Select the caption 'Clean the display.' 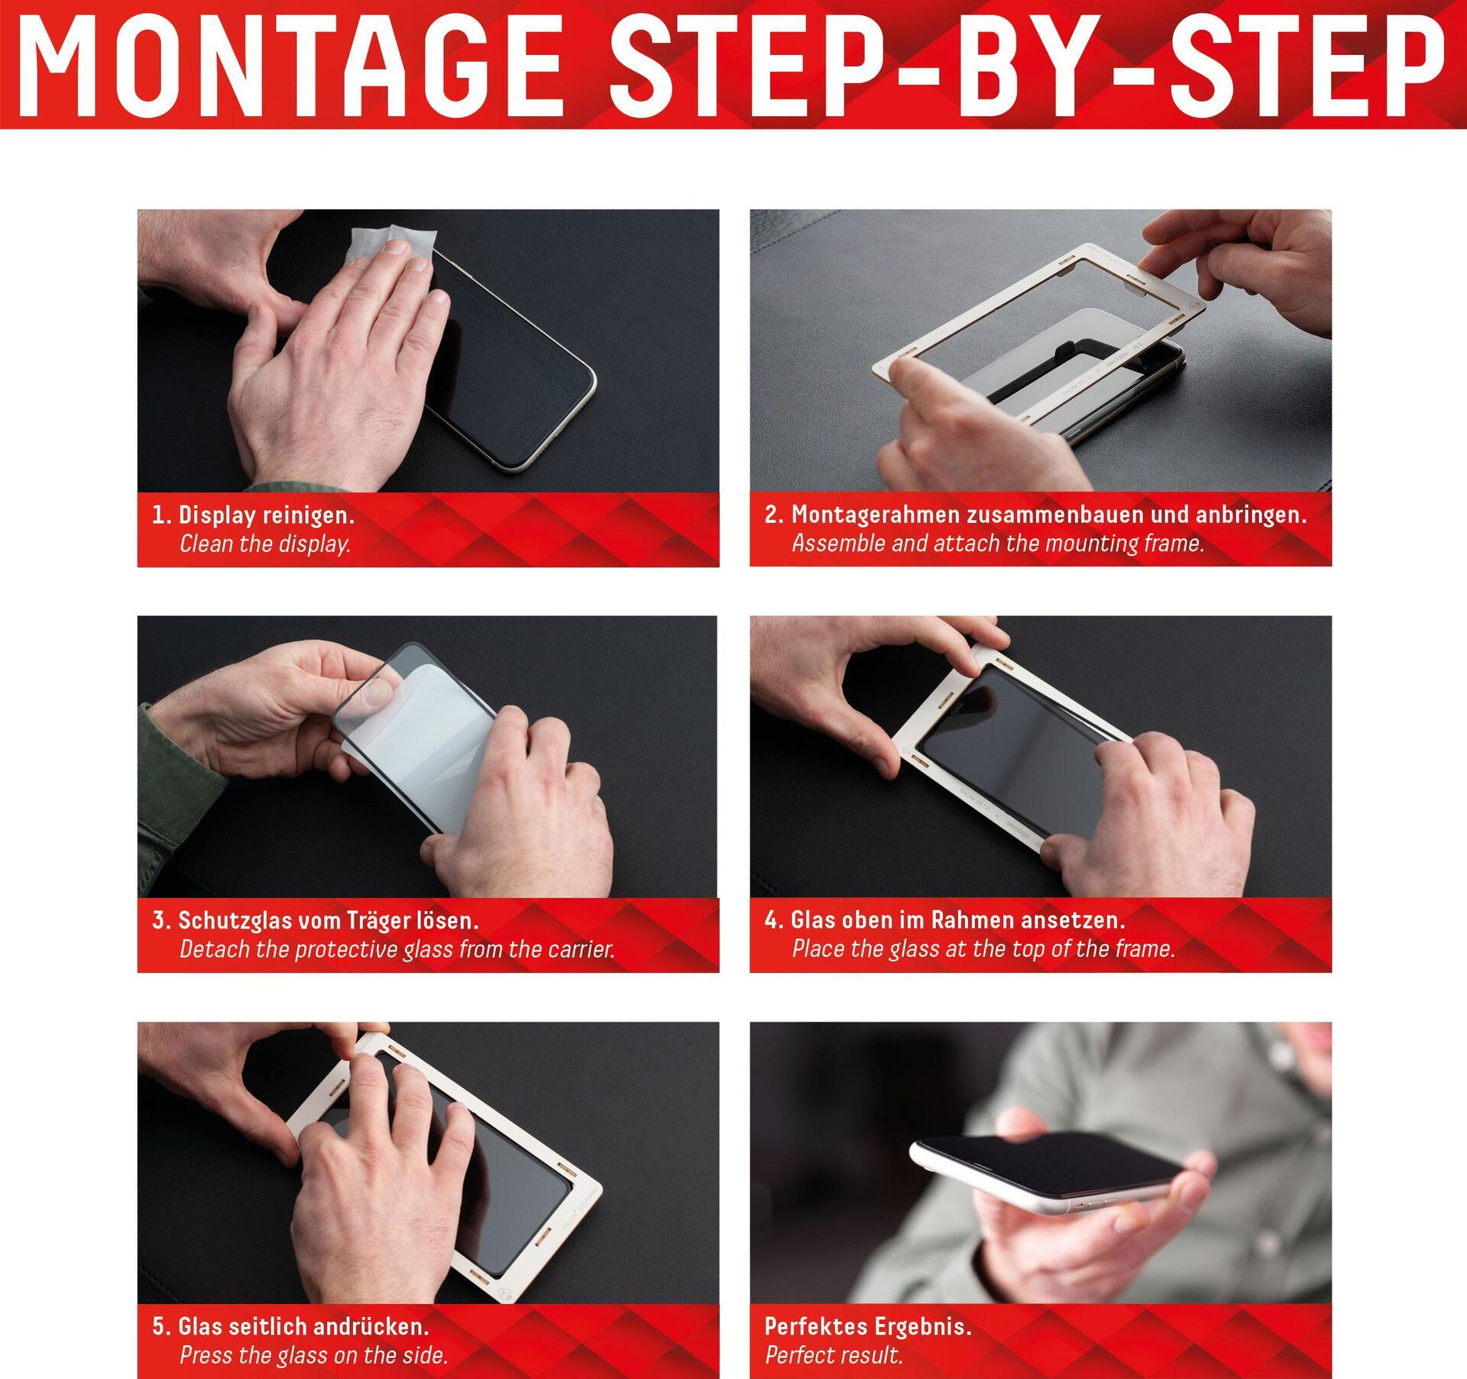coord(265,544)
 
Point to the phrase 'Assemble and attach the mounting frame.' coord(998,544)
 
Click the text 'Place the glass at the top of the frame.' coord(983,949)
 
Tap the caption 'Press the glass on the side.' coord(313,1355)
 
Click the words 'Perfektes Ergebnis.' coord(868,1326)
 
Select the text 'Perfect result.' coord(834,1355)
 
